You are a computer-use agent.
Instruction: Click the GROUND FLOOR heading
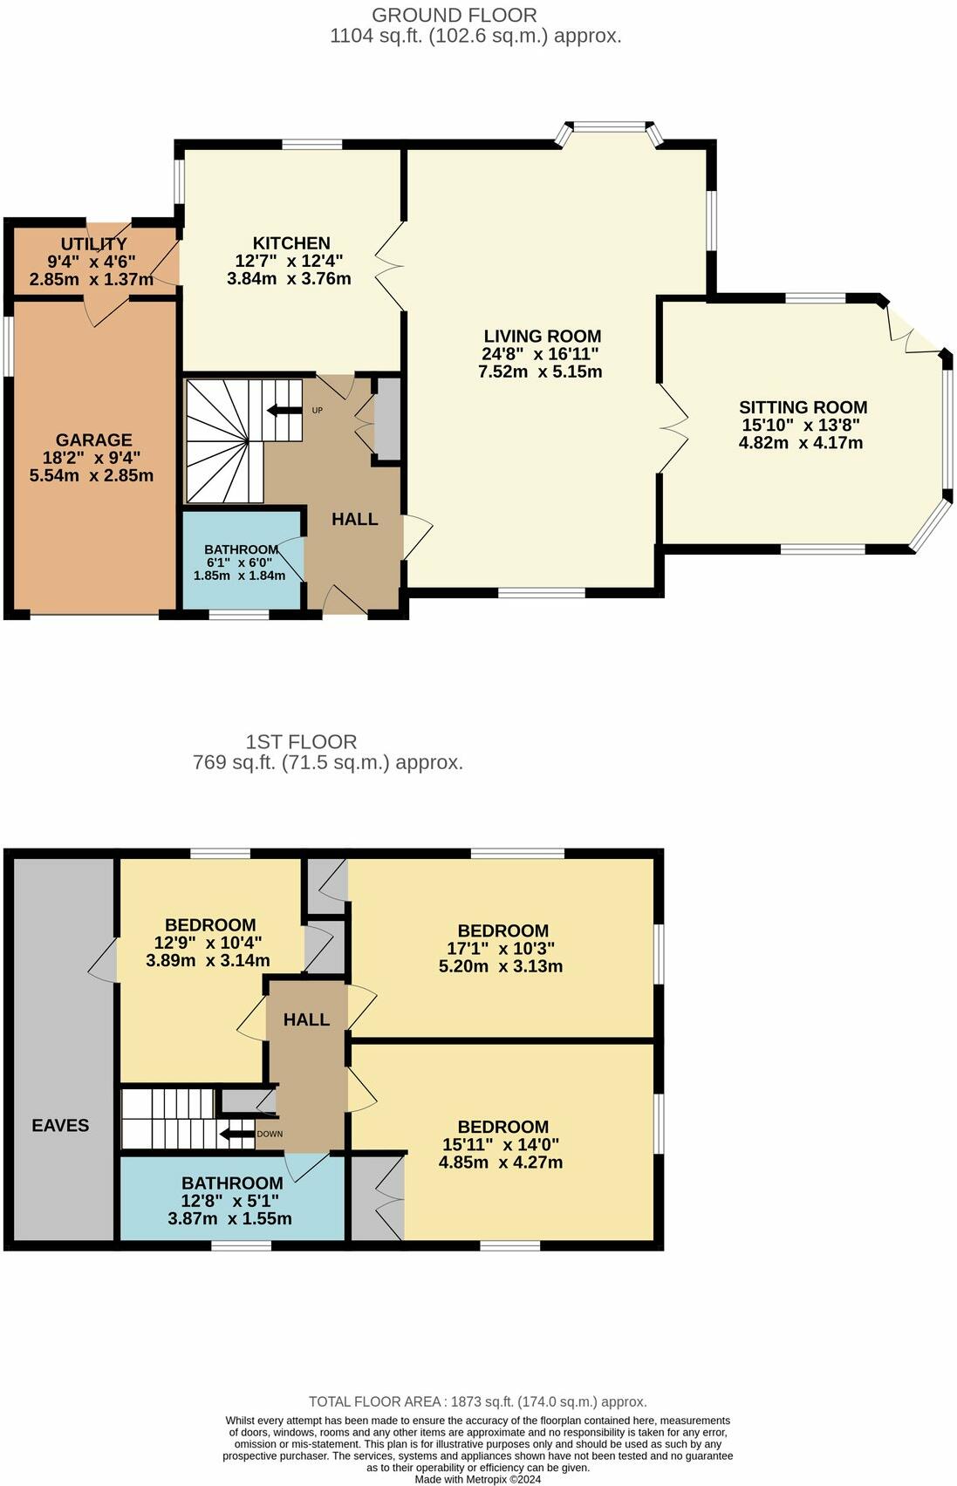[455, 15]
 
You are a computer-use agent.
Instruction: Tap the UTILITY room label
[93, 244]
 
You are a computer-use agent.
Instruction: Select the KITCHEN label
[291, 243]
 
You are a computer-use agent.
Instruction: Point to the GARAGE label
[94, 440]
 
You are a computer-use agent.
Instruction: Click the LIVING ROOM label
[542, 336]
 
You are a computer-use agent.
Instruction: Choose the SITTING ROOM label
[803, 407]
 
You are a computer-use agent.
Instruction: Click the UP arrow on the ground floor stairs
[284, 411]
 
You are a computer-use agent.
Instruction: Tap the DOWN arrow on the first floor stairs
[236, 1135]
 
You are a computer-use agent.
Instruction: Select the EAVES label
[60, 1125]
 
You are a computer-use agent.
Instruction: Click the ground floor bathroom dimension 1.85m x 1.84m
[239, 576]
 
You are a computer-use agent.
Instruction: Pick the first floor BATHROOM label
[232, 1183]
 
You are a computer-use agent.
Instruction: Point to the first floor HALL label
[306, 1019]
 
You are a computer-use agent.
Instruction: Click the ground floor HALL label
[354, 519]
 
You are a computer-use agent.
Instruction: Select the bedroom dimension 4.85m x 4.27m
[501, 1162]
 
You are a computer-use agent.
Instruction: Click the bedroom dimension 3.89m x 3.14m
[208, 960]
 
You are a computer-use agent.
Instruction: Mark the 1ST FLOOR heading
[301, 741]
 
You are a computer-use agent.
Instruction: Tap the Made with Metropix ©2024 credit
[477, 1479]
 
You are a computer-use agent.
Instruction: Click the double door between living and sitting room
[673, 428]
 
